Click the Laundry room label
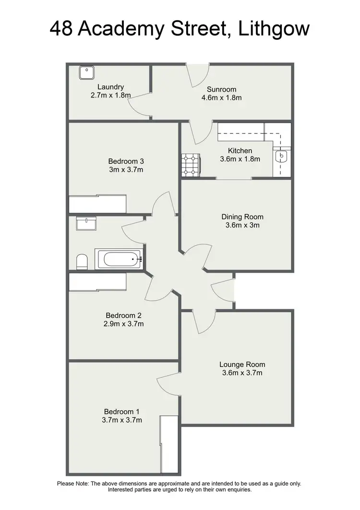tap(110, 87)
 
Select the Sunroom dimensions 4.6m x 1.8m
tap(221, 97)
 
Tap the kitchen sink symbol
tap(281, 156)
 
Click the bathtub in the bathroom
tap(120, 259)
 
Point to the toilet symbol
tap(82, 262)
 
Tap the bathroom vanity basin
tap(86, 223)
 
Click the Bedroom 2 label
tap(124, 316)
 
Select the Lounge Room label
tap(242, 364)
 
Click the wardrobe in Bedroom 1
tap(168, 445)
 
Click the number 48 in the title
tap(62, 30)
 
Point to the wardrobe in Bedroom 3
tap(97, 204)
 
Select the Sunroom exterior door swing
tap(198, 76)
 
